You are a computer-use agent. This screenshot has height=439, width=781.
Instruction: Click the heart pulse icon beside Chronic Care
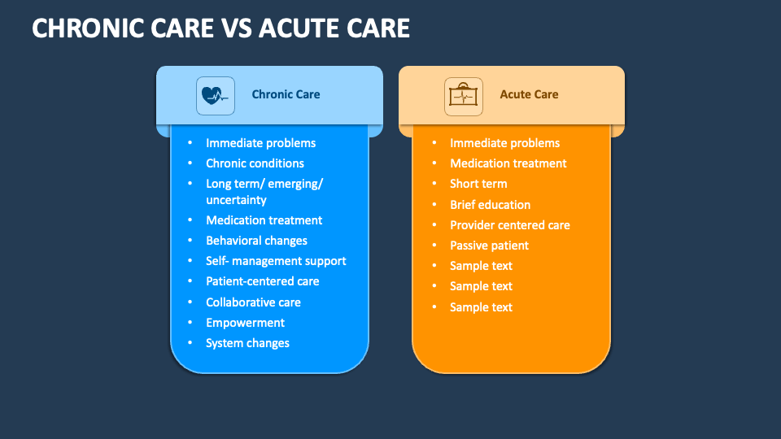(215, 96)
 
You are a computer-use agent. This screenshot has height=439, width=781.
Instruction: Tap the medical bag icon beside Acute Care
(463, 96)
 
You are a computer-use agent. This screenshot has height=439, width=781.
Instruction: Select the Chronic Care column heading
(286, 94)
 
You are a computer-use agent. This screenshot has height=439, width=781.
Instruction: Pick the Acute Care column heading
(529, 94)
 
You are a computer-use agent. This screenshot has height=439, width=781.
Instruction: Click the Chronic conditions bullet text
(255, 163)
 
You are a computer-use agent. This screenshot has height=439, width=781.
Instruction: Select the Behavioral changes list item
(256, 241)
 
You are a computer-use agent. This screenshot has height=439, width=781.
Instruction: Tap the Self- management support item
(276, 261)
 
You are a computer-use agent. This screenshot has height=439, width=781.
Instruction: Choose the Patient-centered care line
(263, 281)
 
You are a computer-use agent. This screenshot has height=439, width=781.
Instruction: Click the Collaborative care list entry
(253, 302)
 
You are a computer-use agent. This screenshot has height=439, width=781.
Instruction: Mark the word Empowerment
(245, 323)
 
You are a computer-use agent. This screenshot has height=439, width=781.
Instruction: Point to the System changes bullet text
(247, 343)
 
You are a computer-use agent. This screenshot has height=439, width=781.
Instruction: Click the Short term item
(478, 184)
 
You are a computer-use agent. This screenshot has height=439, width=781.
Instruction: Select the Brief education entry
(490, 205)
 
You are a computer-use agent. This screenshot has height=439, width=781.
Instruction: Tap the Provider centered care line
(509, 225)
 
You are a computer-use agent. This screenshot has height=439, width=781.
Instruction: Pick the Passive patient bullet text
(489, 246)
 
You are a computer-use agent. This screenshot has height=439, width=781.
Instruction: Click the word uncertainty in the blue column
(236, 200)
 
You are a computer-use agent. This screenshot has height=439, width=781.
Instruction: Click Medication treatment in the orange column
(508, 163)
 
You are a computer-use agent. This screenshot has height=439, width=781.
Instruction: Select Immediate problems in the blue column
(260, 143)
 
